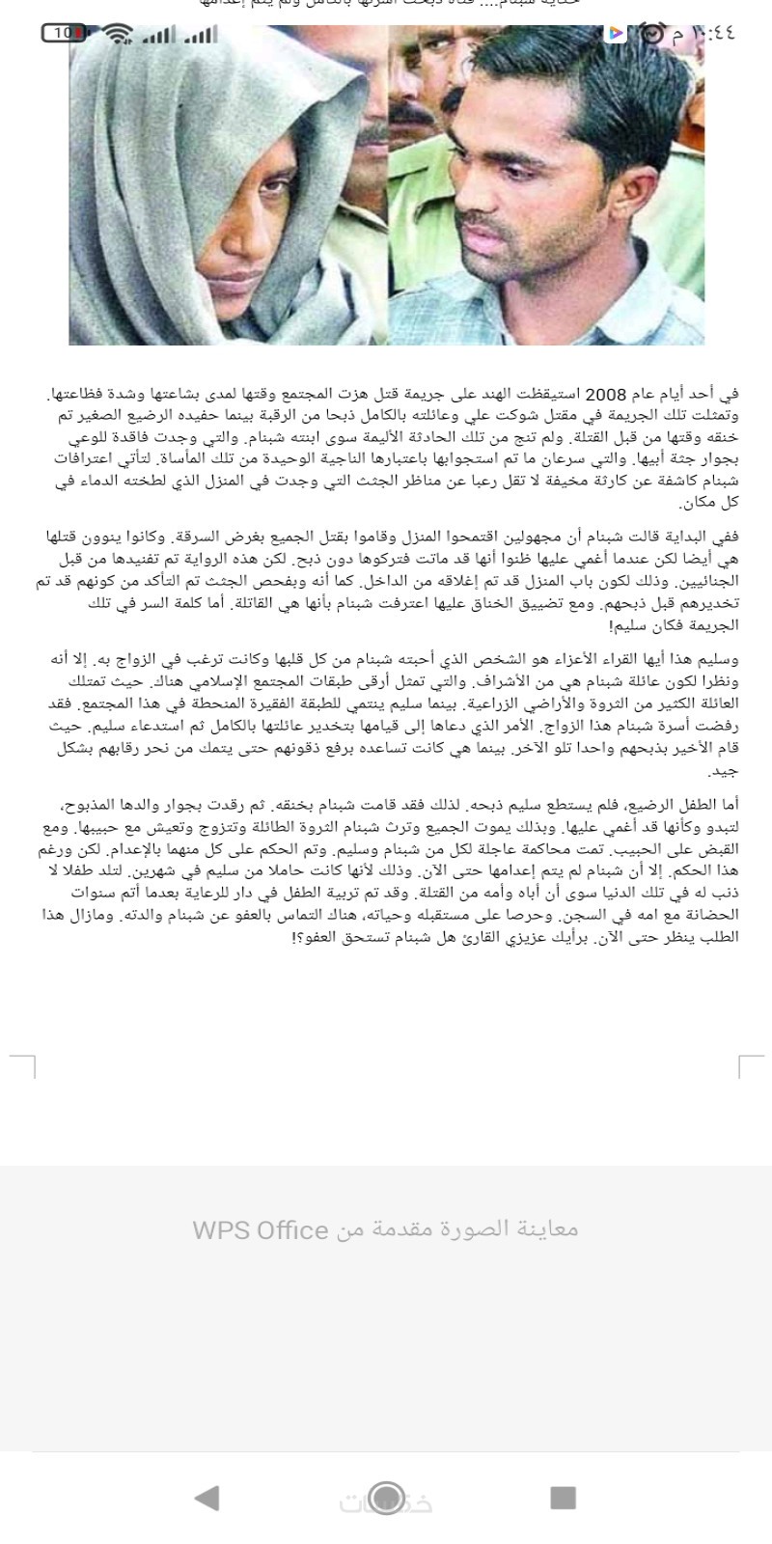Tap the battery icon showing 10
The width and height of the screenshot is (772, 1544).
coord(64,33)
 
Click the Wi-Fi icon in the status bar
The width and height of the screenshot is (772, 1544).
coord(119,34)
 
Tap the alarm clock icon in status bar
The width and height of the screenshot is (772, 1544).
coord(653,34)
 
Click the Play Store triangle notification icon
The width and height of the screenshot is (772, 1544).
coord(615,34)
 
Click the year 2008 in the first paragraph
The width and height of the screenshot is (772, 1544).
coord(606,395)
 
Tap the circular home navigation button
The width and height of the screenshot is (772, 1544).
coord(386,1497)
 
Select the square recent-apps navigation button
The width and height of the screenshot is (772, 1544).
coord(563,1497)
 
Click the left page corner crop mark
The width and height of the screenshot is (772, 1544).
coord(23,1065)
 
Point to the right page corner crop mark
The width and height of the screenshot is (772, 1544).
coord(750,1065)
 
